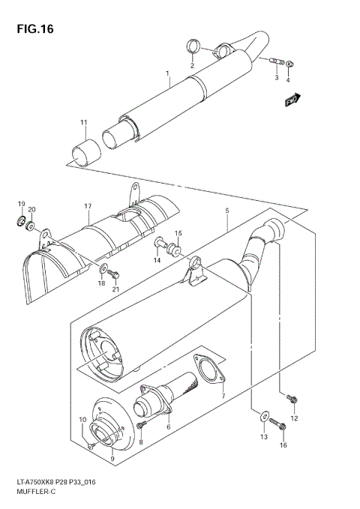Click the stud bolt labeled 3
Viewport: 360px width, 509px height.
point(290,64)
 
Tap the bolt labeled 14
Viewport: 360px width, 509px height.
point(160,243)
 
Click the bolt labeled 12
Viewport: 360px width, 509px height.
point(292,399)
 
